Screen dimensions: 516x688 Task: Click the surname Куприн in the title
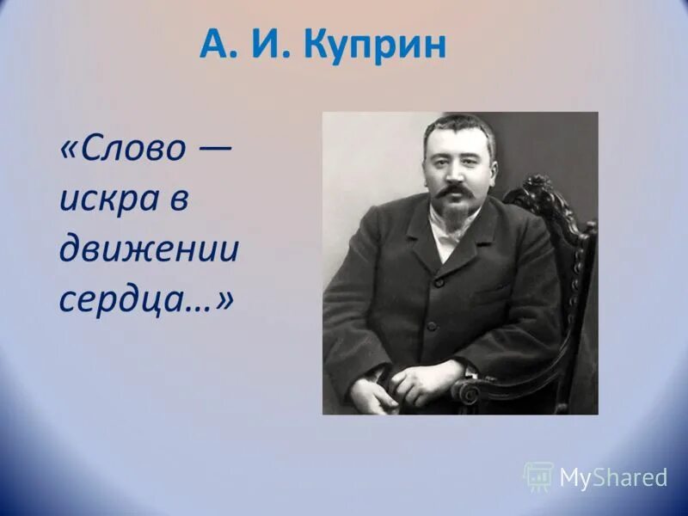coord(375,45)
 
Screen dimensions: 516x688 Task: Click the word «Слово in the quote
coord(123,150)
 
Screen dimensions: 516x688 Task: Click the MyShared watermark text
coord(613,478)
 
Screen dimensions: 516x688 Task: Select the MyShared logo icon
coord(538,476)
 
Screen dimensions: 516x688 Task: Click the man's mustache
coord(456,190)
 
